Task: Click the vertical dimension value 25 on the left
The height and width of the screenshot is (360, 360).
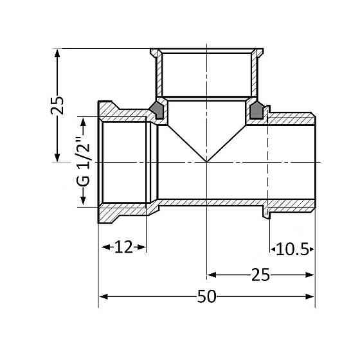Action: [x=58, y=105]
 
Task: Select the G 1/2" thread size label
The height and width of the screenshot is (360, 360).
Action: [x=82, y=161]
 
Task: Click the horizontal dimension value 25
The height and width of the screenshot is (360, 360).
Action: [x=260, y=274]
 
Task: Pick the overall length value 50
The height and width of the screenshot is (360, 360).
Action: [x=206, y=297]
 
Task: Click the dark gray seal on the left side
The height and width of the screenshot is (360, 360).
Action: [x=156, y=110]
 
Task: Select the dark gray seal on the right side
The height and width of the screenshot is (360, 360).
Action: [x=256, y=110]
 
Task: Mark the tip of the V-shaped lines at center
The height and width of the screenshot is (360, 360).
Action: [x=206, y=161]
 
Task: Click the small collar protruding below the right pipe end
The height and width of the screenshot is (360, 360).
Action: [x=264, y=210]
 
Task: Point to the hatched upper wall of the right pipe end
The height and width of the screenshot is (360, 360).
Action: [x=292, y=119]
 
